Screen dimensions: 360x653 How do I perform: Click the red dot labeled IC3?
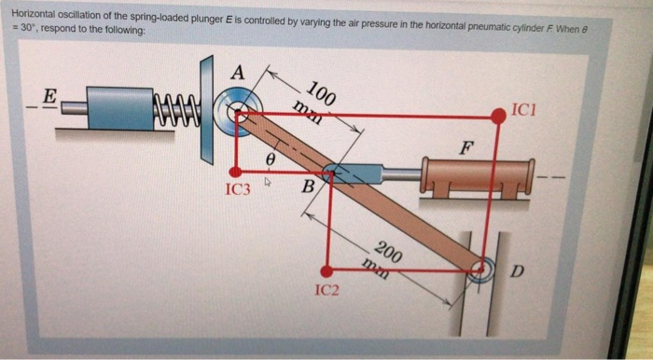click(238, 172)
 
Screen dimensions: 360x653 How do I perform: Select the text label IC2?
click(326, 291)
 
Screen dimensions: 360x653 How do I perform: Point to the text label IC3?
click(238, 190)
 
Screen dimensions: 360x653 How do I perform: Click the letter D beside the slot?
click(518, 271)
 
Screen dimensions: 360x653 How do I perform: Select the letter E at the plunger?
click(50, 95)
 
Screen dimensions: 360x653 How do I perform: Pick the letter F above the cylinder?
click(465, 147)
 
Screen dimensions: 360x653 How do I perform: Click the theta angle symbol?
click(270, 160)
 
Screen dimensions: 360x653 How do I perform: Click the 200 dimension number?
click(388, 252)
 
